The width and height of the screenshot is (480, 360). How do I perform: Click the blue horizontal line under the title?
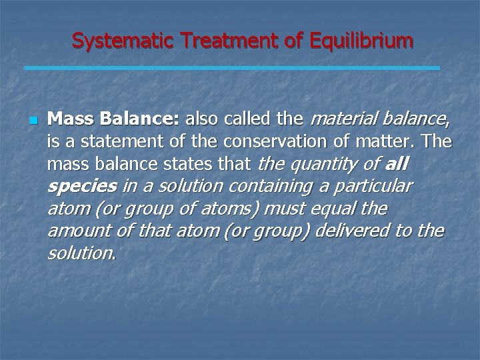pyautogui.click(x=232, y=68)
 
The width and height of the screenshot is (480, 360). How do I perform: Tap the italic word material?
pyautogui.click(x=339, y=120)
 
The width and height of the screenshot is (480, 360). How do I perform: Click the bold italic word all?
pyautogui.click(x=398, y=164)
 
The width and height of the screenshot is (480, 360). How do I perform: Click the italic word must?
pyautogui.click(x=283, y=209)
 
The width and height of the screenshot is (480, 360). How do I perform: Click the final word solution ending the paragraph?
pyautogui.click(x=80, y=253)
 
